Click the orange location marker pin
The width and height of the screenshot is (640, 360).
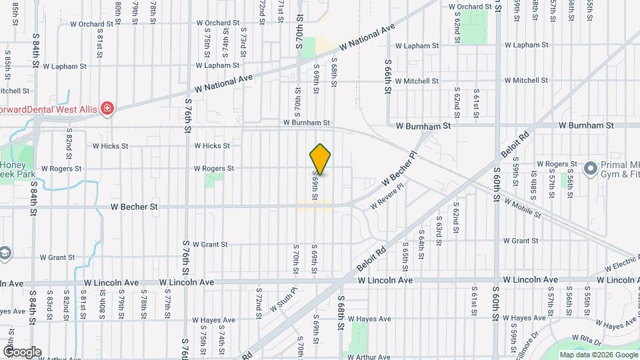point(321,159)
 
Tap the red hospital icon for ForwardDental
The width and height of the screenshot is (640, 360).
point(106,109)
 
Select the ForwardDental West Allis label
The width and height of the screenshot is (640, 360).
point(47,109)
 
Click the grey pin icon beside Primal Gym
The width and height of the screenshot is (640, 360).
point(590,169)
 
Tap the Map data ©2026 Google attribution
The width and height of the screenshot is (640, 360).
point(598,355)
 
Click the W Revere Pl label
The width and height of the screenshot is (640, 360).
point(387,198)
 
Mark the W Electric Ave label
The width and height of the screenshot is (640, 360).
point(621,262)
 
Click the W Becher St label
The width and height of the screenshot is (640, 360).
point(135,207)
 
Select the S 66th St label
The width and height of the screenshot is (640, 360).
point(387,77)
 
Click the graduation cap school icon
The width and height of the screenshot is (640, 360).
point(5,253)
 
